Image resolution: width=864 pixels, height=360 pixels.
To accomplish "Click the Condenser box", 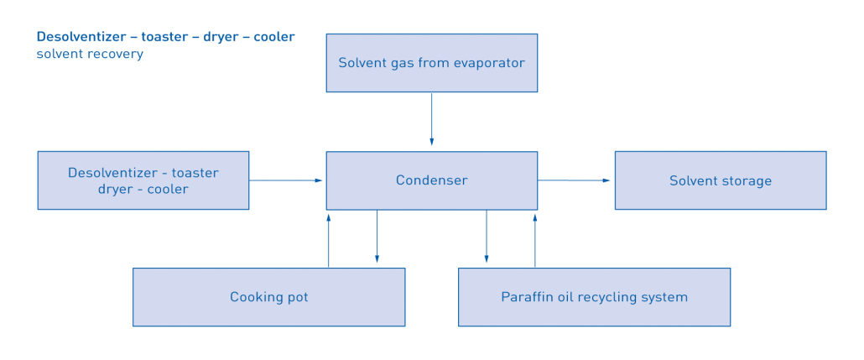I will point(431,180).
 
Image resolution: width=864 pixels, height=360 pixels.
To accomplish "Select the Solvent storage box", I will point(720,180).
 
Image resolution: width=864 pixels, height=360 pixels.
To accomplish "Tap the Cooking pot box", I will point(268,297).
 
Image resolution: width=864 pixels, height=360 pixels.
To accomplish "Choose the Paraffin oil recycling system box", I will point(594,297).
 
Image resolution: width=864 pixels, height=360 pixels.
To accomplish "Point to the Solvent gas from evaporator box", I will point(431,63).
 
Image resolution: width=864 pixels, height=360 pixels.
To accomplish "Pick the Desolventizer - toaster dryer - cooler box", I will point(143,180).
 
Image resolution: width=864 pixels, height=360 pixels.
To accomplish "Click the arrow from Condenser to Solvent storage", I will point(575,180).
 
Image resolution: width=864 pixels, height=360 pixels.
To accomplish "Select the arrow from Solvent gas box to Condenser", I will point(431,120).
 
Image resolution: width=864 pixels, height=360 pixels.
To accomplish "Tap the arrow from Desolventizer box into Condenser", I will point(287,180).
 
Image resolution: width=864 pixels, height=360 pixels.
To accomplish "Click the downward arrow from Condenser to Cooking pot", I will point(377,239).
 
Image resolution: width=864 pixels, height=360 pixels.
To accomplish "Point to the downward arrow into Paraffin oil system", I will point(487,239).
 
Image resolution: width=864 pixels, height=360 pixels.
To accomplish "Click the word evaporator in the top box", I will point(490,63).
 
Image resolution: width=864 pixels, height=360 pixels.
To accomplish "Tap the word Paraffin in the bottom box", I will point(526,297).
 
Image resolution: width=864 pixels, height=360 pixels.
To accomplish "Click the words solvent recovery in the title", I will point(90,55).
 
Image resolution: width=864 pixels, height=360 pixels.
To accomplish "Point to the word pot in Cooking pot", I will point(297,297).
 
